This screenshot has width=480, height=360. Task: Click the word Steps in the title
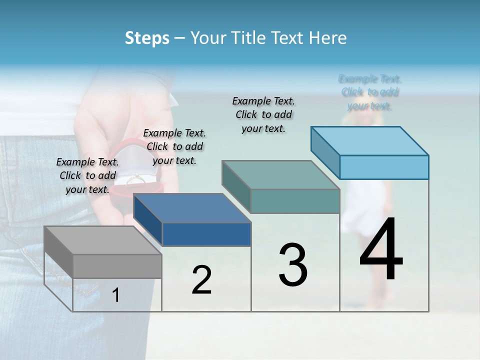point(146,38)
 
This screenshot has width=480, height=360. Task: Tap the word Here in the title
point(328,38)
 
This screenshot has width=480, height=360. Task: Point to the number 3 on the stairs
point(293,264)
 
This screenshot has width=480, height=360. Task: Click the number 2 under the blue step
point(201,280)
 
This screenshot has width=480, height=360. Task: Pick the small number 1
point(115,295)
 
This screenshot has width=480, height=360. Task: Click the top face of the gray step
point(102,240)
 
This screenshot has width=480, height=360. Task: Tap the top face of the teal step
point(280,175)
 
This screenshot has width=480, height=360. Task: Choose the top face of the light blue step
point(369,141)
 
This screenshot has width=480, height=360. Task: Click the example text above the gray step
point(87,175)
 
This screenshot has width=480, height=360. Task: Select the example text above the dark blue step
point(174,146)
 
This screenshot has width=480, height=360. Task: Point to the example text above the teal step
point(263,114)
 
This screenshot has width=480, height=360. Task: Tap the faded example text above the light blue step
point(370,92)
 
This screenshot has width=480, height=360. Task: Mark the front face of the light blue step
point(384,167)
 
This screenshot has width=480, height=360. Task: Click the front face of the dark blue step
point(206,234)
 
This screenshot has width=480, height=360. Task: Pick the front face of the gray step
point(117,266)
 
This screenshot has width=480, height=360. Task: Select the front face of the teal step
point(295,201)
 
